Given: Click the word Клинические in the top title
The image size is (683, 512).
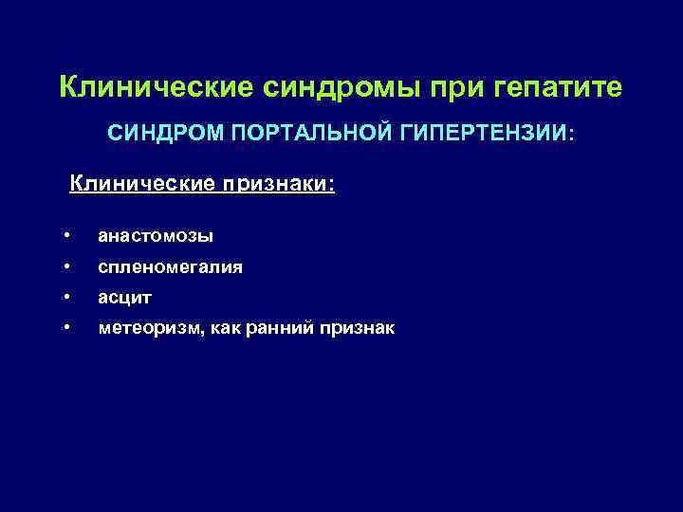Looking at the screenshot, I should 156,87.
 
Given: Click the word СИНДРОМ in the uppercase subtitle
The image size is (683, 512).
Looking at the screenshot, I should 162,135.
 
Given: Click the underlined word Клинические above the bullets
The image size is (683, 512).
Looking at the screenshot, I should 143,182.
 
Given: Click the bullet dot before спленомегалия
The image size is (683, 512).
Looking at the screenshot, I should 67,267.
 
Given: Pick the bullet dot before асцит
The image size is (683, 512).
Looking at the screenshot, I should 67,298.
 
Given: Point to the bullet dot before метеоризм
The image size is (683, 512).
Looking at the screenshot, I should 67,328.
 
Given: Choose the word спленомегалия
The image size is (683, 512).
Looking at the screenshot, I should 170,267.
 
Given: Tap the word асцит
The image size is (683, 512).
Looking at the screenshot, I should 124,298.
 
